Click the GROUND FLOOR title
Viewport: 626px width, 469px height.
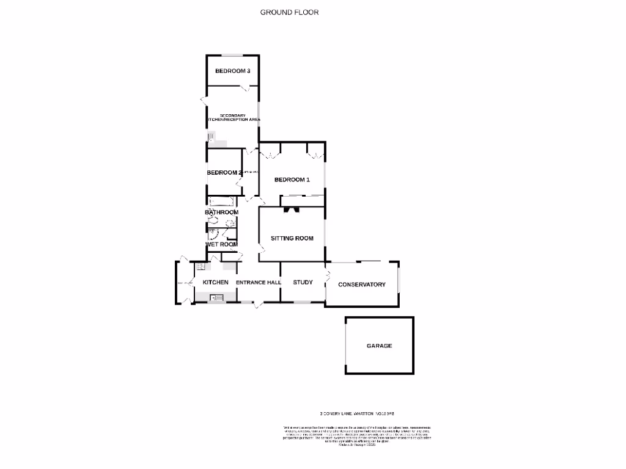(289, 12)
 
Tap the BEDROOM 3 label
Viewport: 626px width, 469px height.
(232, 71)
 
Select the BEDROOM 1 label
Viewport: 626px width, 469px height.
(292, 180)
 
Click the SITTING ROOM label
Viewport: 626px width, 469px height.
(292, 238)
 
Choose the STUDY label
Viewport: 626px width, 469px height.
(303, 282)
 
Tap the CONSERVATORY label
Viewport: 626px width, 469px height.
(362, 285)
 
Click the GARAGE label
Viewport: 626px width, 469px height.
(379, 346)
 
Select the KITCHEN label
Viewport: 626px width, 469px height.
(215, 282)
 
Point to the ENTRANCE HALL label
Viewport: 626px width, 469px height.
(258, 282)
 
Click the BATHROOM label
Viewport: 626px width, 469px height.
(221, 212)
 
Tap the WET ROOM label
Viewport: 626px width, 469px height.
(221, 244)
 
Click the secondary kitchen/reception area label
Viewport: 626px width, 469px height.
(233, 117)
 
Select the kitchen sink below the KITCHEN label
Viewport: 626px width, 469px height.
(217, 297)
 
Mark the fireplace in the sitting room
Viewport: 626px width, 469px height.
(292, 210)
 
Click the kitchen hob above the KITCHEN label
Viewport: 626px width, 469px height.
(200, 266)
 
